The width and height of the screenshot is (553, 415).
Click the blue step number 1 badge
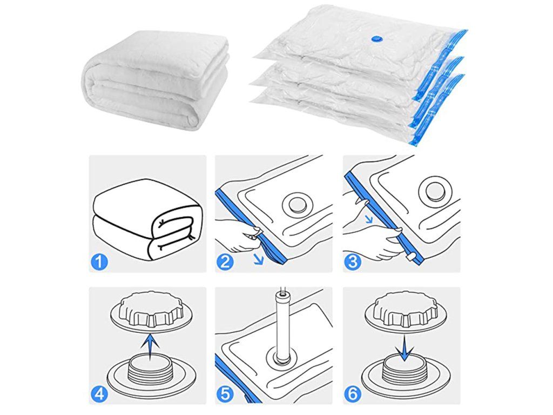99,262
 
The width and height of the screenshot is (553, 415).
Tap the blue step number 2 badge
225,262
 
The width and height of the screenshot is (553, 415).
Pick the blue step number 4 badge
99,394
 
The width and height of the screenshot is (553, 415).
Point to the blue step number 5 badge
225,394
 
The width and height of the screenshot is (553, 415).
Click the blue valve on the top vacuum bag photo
376,39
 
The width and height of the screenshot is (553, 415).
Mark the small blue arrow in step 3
369,219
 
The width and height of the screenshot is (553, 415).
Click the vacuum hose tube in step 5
282,325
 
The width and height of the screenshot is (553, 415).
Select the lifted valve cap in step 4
151,310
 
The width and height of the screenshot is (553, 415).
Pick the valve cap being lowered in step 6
405,310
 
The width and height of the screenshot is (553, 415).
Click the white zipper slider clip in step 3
411,257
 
